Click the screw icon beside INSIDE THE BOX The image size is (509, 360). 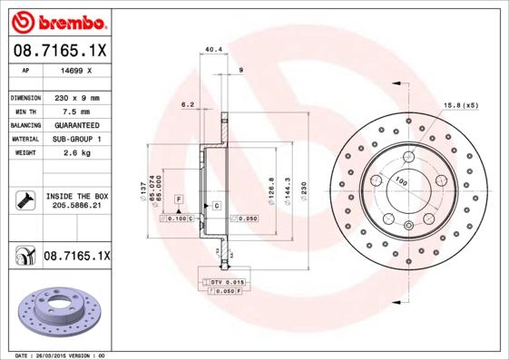[23, 200]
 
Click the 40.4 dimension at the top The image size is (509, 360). [213, 50]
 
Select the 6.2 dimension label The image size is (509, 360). [189, 104]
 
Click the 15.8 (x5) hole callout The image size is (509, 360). [460, 105]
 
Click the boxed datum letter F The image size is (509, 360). [179, 198]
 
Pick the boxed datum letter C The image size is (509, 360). [218, 207]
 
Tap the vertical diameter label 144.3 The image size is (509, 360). [288, 191]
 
